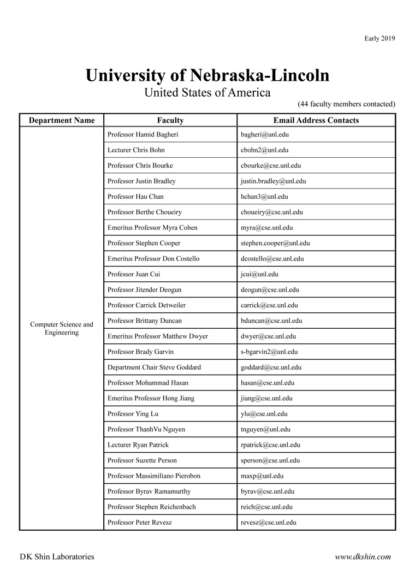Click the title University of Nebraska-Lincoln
[x=207, y=75]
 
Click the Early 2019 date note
[x=380, y=38]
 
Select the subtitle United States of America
[x=207, y=92]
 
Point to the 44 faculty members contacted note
[x=346, y=104]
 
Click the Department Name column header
[x=62, y=120]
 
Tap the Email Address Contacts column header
[x=316, y=120]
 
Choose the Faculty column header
[x=170, y=120]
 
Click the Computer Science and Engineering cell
[x=62, y=328]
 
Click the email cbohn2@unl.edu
[x=264, y=150]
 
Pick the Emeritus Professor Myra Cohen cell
[x=152, y=228]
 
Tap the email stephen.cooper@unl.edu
[x=275, y=243]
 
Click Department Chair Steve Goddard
[x=154, y=367]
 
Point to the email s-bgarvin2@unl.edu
[x=269, y=352]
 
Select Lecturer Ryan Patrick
[x=138, y=445]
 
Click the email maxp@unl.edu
[x=262, y=476]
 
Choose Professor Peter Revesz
[x=140, y=523]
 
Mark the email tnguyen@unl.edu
[x=265, y=430]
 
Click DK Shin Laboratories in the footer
[x=57, y=557]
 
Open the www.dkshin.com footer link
[x=363, y=557]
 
